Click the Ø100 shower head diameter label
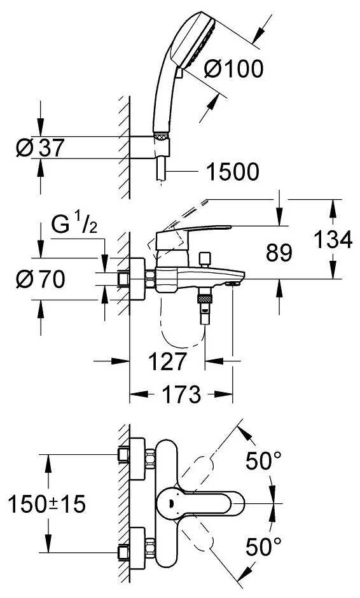[233, 69]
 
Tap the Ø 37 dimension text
[41, 148]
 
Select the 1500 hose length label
[233, 172]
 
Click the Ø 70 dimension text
[41, 279]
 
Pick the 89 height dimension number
[279, 253]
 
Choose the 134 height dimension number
[333, 240]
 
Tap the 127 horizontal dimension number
[168, 361]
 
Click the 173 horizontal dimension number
[181, 394]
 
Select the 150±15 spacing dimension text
[47, 504]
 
